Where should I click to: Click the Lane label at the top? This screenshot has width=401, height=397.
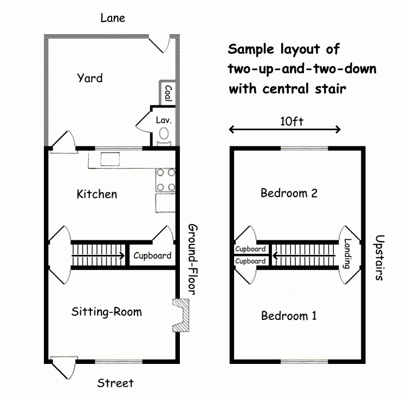pyautogui.click(x=113, y=18)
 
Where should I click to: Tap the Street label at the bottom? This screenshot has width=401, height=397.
pyautogui.click(x=115, y=383)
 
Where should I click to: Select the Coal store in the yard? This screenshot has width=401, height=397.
pyautogui.click(x=167, y=93)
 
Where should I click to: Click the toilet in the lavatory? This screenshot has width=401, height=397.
pyautogui.click(x=164, y=137)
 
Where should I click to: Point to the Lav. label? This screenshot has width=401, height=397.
pyautogui.click(x=164, y=120)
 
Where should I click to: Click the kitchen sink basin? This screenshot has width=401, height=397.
pyautogui.click(x=110, y=159)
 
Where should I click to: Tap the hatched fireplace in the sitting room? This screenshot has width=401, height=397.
pyautogui.click(x=180, y=315)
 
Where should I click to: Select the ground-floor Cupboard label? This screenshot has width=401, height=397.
pyautogui.click(x=152, y=255)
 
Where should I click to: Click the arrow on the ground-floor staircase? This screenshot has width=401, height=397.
pyautogui.click(x=98, y=255)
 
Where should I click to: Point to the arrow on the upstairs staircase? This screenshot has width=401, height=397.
pyautogui.click(x=304, y=255)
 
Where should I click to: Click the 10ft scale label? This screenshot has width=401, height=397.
pyautogui.click(x=292, y=121)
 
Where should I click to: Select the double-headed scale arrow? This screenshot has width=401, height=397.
pyautogui.click(x=284, y=130)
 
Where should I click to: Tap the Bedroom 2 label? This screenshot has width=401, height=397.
pyautogui.click(x=289, y=193)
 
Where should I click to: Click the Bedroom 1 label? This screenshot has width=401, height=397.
pyautogui.click(x=289, y=316)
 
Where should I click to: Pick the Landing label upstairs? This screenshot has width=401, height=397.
pyautogui.click(x=347, y=253)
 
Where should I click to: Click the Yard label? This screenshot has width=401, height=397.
pyautogui.click(x=90, y=78)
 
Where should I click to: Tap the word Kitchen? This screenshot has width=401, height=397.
pyautogui.click(x=97, y=194)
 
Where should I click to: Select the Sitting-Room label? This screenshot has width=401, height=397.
pyautogui.click(x=106, y=312)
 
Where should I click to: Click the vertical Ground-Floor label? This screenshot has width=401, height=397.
pyautogui.click(x=193, y=259)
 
